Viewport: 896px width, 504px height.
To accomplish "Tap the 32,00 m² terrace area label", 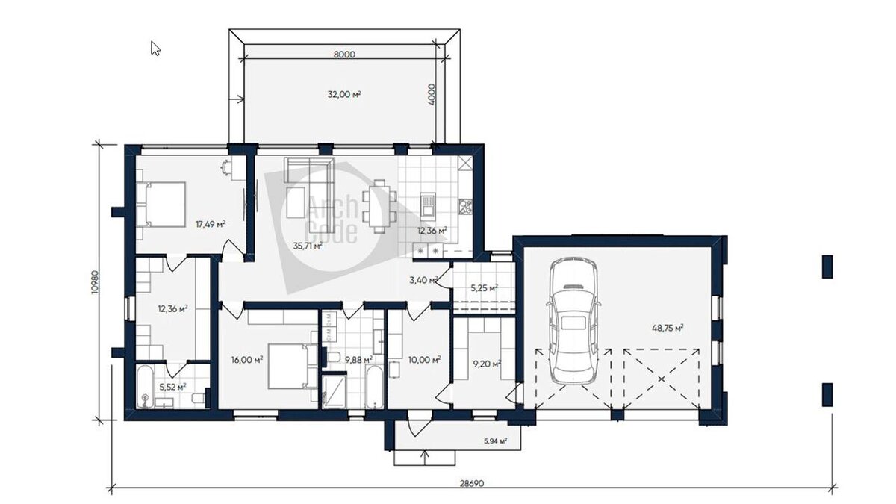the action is pyautogui.click(x=344, y=94).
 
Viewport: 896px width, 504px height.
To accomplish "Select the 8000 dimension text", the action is pyautogui.click(x=344, y=55).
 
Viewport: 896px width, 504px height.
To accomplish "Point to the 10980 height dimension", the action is pyautogui.click(x=95, y=282).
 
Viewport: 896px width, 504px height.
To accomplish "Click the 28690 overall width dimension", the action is pyautogui.click(x=472, y=484).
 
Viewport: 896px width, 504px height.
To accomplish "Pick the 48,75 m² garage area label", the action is pyautogui.click(x=668, y=328).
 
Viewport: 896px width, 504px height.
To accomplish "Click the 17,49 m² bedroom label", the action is pyautogui.click(x=211, y=224).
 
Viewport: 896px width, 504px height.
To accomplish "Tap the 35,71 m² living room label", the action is pyautogui.click(x=308, y=246).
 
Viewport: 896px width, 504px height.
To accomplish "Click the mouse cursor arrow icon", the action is pyautogui.click(x=155, y=48).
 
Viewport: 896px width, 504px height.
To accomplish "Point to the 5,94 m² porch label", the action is pyautogui.click(x=496, y=441).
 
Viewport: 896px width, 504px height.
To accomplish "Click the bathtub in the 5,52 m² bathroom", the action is pyautogui.click(x=145, y=387).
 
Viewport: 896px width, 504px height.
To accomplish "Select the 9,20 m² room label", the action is pyautogui.click(x=488, y=364).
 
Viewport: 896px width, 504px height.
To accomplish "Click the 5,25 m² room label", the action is pyautogui.click(x=484, y=287).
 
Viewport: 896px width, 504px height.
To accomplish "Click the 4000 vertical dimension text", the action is pyautogui.click(x=432, y=94).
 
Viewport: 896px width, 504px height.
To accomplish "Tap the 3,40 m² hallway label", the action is pyautogui.click(x=423, y=280).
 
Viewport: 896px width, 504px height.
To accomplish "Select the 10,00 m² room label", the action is pyautogui.click(x=424, y=360).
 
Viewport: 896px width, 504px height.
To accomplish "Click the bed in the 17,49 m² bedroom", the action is pyautogui.click(x=161, y=205).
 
